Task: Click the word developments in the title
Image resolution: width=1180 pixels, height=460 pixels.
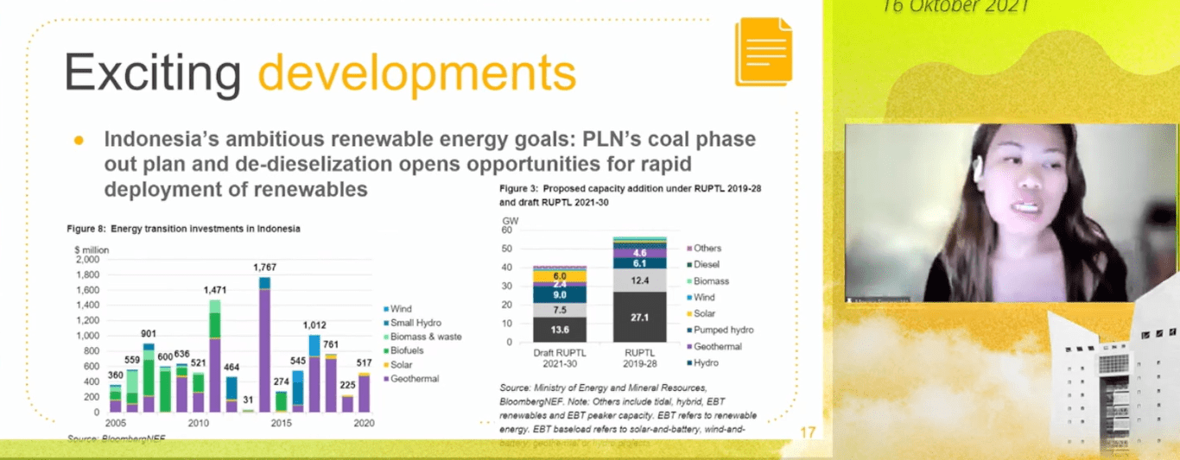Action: pyautogui.click(x=416, y=72)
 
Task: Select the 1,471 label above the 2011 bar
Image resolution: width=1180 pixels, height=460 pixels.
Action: pyautogui.click(x=216, y=292)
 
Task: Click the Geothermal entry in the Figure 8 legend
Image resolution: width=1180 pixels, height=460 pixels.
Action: pyautogui.click(x=414, y=378)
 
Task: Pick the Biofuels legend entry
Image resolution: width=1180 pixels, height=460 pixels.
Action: pyautogui.click(x=409, y=350)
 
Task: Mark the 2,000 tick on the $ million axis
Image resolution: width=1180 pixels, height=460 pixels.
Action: pyautogui.click(x=87, y=259)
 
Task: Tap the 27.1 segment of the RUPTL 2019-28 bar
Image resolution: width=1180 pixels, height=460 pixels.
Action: pyautogui.click(x=640, y=318)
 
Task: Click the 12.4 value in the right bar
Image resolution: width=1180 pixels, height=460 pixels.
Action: pyautogui.click(x=640, y=280)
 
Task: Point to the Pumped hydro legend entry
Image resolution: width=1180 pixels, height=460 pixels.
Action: pyautogui.click(x=723, y=330)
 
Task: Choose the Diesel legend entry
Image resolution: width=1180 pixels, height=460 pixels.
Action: pyautogui.click(x=706, y=265)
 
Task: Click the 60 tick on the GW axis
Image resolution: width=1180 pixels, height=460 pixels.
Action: pyautogui.click(x=506, y=230)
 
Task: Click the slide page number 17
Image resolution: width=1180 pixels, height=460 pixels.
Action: pyautogui.click(x=808, y=432)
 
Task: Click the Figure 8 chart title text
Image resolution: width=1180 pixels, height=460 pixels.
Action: pyautogui.click(x=184, y=229)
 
